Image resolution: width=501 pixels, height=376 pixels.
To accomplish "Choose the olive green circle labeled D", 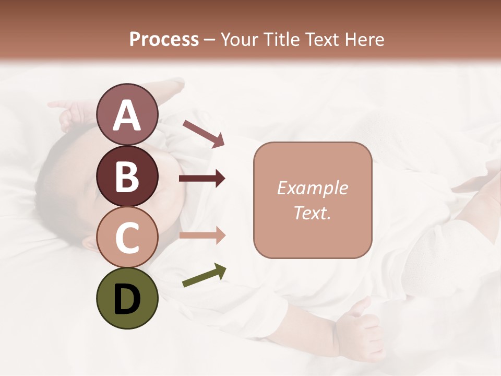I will point(127,299).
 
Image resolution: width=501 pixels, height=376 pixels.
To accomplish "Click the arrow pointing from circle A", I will point(204,133).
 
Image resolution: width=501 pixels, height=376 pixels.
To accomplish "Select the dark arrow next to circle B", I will point(202,179).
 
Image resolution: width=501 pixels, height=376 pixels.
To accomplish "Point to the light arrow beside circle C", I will point(202,236).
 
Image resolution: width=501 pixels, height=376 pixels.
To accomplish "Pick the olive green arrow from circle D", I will point(204,276).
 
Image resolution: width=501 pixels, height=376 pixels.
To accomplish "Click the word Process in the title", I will point(164,39).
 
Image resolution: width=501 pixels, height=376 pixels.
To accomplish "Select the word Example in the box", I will point(312,188).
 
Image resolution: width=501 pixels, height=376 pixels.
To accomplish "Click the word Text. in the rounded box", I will point(312,213).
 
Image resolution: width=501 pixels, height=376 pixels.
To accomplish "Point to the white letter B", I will point(127,177).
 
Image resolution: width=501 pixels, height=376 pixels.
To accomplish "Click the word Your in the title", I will point(239,39).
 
